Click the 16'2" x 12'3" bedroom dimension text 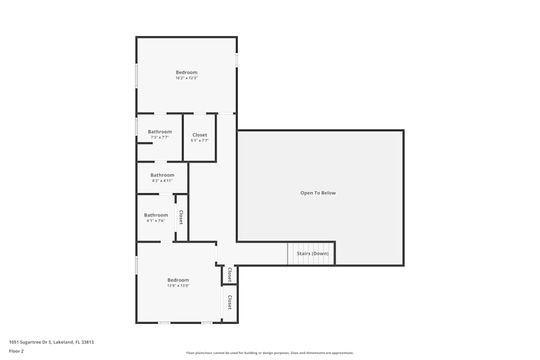(x=186, y=78)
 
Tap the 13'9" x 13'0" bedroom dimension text (x=178, y=286)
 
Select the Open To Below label (x=318, y=193)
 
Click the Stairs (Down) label (x=312, y=254)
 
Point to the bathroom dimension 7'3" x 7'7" (x=160, y=138)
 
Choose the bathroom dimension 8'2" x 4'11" (x=162, y=181)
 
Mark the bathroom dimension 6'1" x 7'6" (x=156, y=221)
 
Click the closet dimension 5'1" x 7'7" (x=199, y=141)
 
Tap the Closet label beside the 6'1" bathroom (x=181, y=218)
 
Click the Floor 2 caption (x=16, y=351)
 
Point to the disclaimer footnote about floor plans (x=270, y=353)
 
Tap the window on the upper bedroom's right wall (x=237, y=59)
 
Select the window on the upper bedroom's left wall (x=137, y=76)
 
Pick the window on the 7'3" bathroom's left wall (x=137, y=127)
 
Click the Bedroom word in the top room (x=186, y=72)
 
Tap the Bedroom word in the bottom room (x=178, y=280)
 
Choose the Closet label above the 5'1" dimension (x=199, y=135)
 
